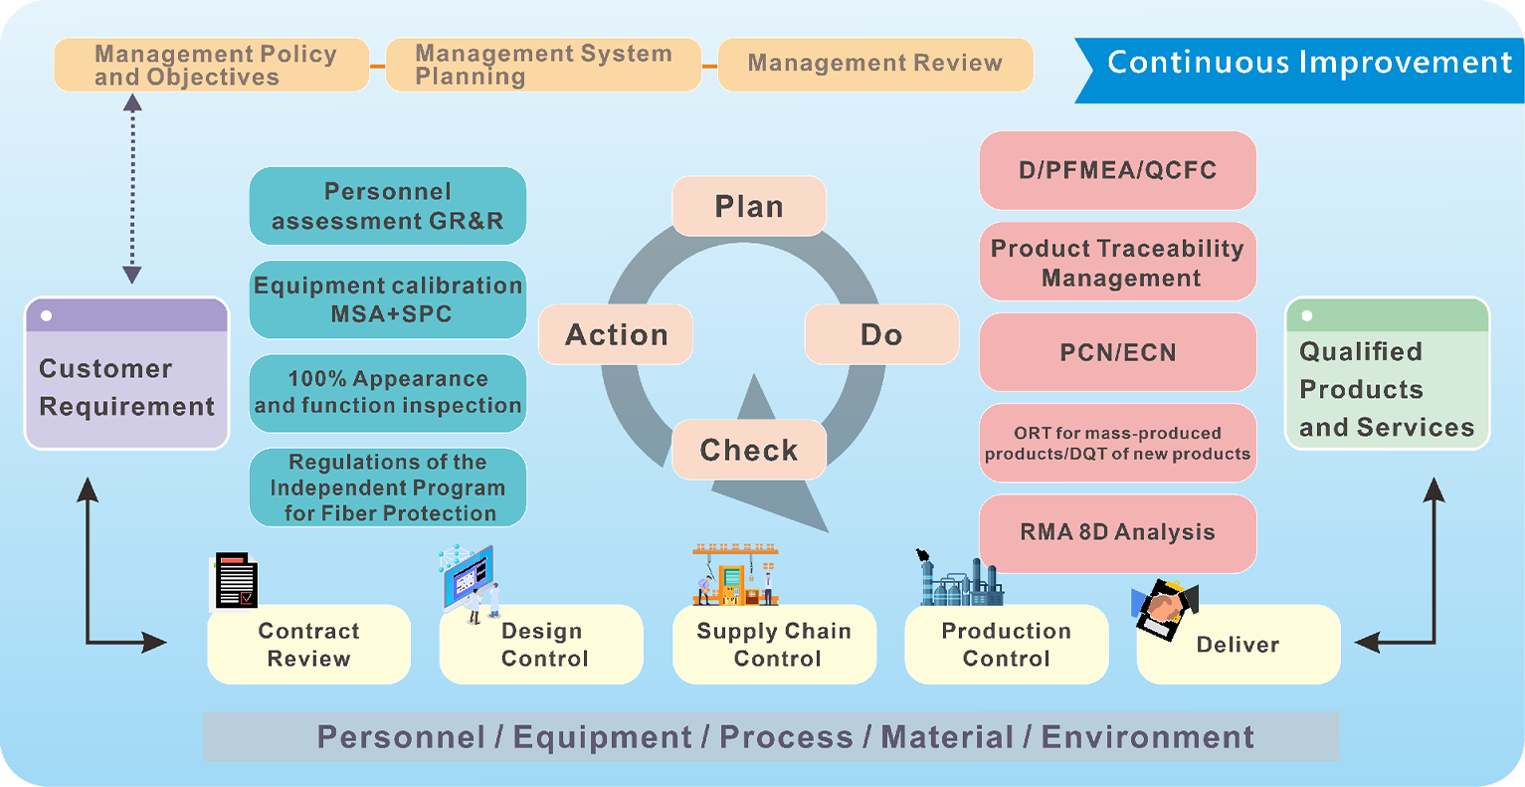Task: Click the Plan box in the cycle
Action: point(749,206)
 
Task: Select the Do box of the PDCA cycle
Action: point(881,334)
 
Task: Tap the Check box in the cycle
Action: point(749,450)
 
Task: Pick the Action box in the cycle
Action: point(616,334)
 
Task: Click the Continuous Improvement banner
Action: point(1308,63)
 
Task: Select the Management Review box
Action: point(875,64)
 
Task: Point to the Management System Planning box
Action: point(543,65)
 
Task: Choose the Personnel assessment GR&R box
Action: point(387,206)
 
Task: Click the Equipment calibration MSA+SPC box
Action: point(387,299)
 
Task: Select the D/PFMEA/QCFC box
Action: point(1117,170)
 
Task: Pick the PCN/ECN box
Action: point(1117,352)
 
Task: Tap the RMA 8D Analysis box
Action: point(1117,532)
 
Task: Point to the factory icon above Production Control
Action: point(959,579)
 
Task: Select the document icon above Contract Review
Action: point(237,581)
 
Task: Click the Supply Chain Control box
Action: point(774,645)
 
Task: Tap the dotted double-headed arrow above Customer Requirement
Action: point(132,188)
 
